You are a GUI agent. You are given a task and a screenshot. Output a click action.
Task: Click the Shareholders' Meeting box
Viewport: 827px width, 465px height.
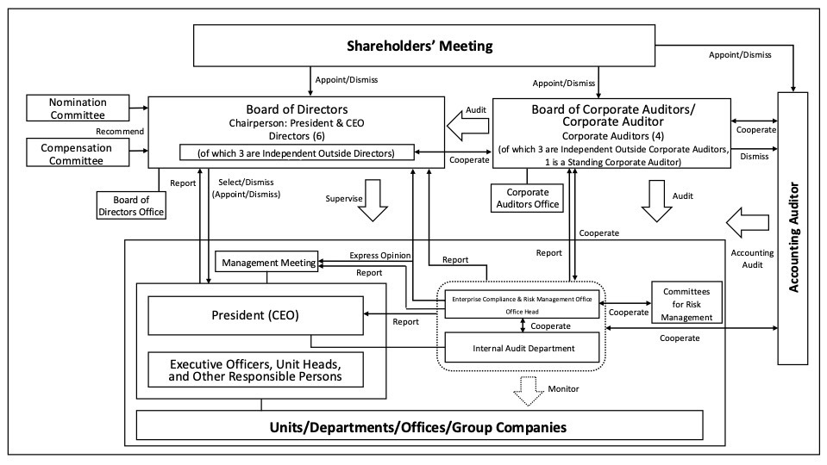424,46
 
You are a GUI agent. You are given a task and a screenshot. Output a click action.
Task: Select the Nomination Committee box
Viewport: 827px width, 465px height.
78,108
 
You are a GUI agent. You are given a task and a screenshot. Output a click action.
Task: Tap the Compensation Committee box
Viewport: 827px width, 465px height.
78,153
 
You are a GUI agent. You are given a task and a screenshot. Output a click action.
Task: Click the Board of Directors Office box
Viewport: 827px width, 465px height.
131,206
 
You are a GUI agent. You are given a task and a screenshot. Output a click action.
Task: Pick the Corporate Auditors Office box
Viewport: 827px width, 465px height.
527,198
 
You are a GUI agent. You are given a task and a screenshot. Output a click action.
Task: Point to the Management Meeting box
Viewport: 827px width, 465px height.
266,263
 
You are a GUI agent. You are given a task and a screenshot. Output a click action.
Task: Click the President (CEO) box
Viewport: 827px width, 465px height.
255,315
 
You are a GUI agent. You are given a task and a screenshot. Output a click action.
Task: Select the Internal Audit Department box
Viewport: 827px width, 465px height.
522,348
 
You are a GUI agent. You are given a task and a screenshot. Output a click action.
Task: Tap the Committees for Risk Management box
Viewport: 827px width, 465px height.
686,303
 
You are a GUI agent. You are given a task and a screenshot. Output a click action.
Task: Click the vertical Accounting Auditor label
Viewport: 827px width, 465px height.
793,237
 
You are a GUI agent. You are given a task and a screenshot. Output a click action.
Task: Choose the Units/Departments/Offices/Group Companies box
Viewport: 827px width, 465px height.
419,425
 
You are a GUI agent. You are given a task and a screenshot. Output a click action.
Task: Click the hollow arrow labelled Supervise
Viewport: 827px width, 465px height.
373,200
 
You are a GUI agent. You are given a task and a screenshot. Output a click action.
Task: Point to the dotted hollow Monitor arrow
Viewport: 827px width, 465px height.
529,391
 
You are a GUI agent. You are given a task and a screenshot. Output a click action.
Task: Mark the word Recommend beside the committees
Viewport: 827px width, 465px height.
120,131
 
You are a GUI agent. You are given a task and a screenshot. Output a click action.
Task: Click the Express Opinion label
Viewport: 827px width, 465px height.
379,256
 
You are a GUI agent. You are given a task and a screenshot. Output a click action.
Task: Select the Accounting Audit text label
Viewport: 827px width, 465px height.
752,258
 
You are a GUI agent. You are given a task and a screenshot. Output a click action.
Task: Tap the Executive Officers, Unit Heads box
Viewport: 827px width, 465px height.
255,369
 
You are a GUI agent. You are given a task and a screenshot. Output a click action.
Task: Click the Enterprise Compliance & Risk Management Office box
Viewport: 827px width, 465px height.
522,304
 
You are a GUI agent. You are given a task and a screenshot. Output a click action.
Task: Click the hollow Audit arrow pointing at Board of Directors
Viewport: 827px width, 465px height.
467,127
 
